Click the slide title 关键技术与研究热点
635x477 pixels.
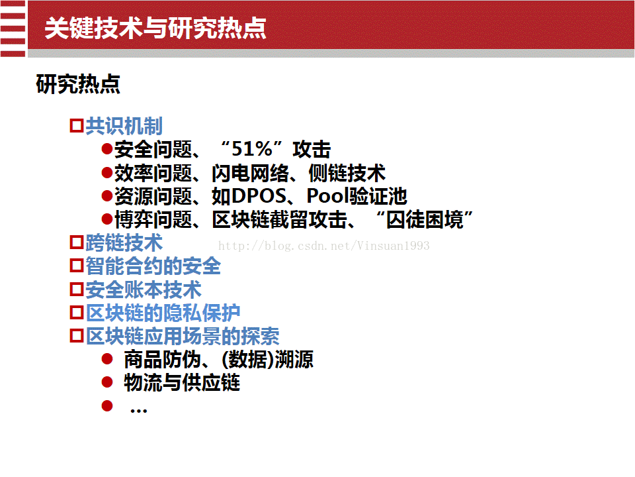click(155, 28)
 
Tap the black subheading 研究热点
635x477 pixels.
click(78, 84)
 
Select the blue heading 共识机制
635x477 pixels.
click(124, 126)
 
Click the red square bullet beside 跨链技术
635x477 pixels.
click(77, 242)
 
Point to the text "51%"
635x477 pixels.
click(252, 148)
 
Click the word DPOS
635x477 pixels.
click(259, 196)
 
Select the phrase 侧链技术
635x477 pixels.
click(347, 173)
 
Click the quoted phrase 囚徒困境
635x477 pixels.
click(425, 220)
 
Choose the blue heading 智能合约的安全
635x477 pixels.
click(153, 266)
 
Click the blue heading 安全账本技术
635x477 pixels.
click(144, 290)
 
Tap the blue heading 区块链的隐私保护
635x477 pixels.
click(163, 313)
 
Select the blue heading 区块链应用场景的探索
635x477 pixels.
click(183, 337)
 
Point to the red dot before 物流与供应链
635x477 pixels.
click(107, 382)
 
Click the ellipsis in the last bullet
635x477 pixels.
click(138, 411)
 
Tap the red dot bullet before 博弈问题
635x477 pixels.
click(107, 219)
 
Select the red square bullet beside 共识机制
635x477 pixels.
click(77, 125)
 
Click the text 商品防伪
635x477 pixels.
click(163, 359)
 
